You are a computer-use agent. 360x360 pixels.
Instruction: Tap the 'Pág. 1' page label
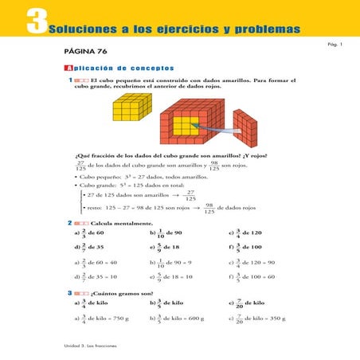click(335, 45)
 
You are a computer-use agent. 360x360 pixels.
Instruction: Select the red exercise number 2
click(70, 223)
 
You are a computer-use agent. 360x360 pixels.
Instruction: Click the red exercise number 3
click(70, 294)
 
